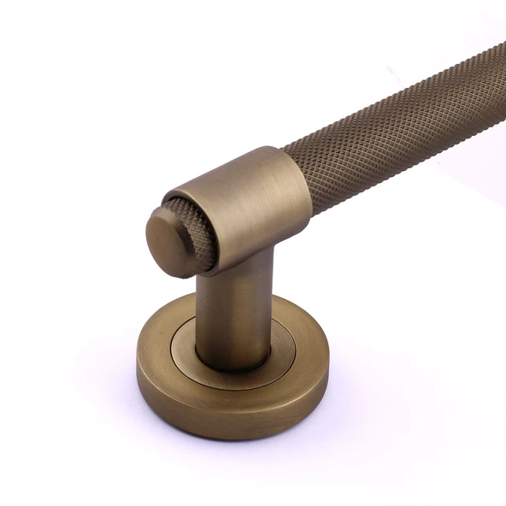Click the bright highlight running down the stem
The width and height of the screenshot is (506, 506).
tap(219, 316)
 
